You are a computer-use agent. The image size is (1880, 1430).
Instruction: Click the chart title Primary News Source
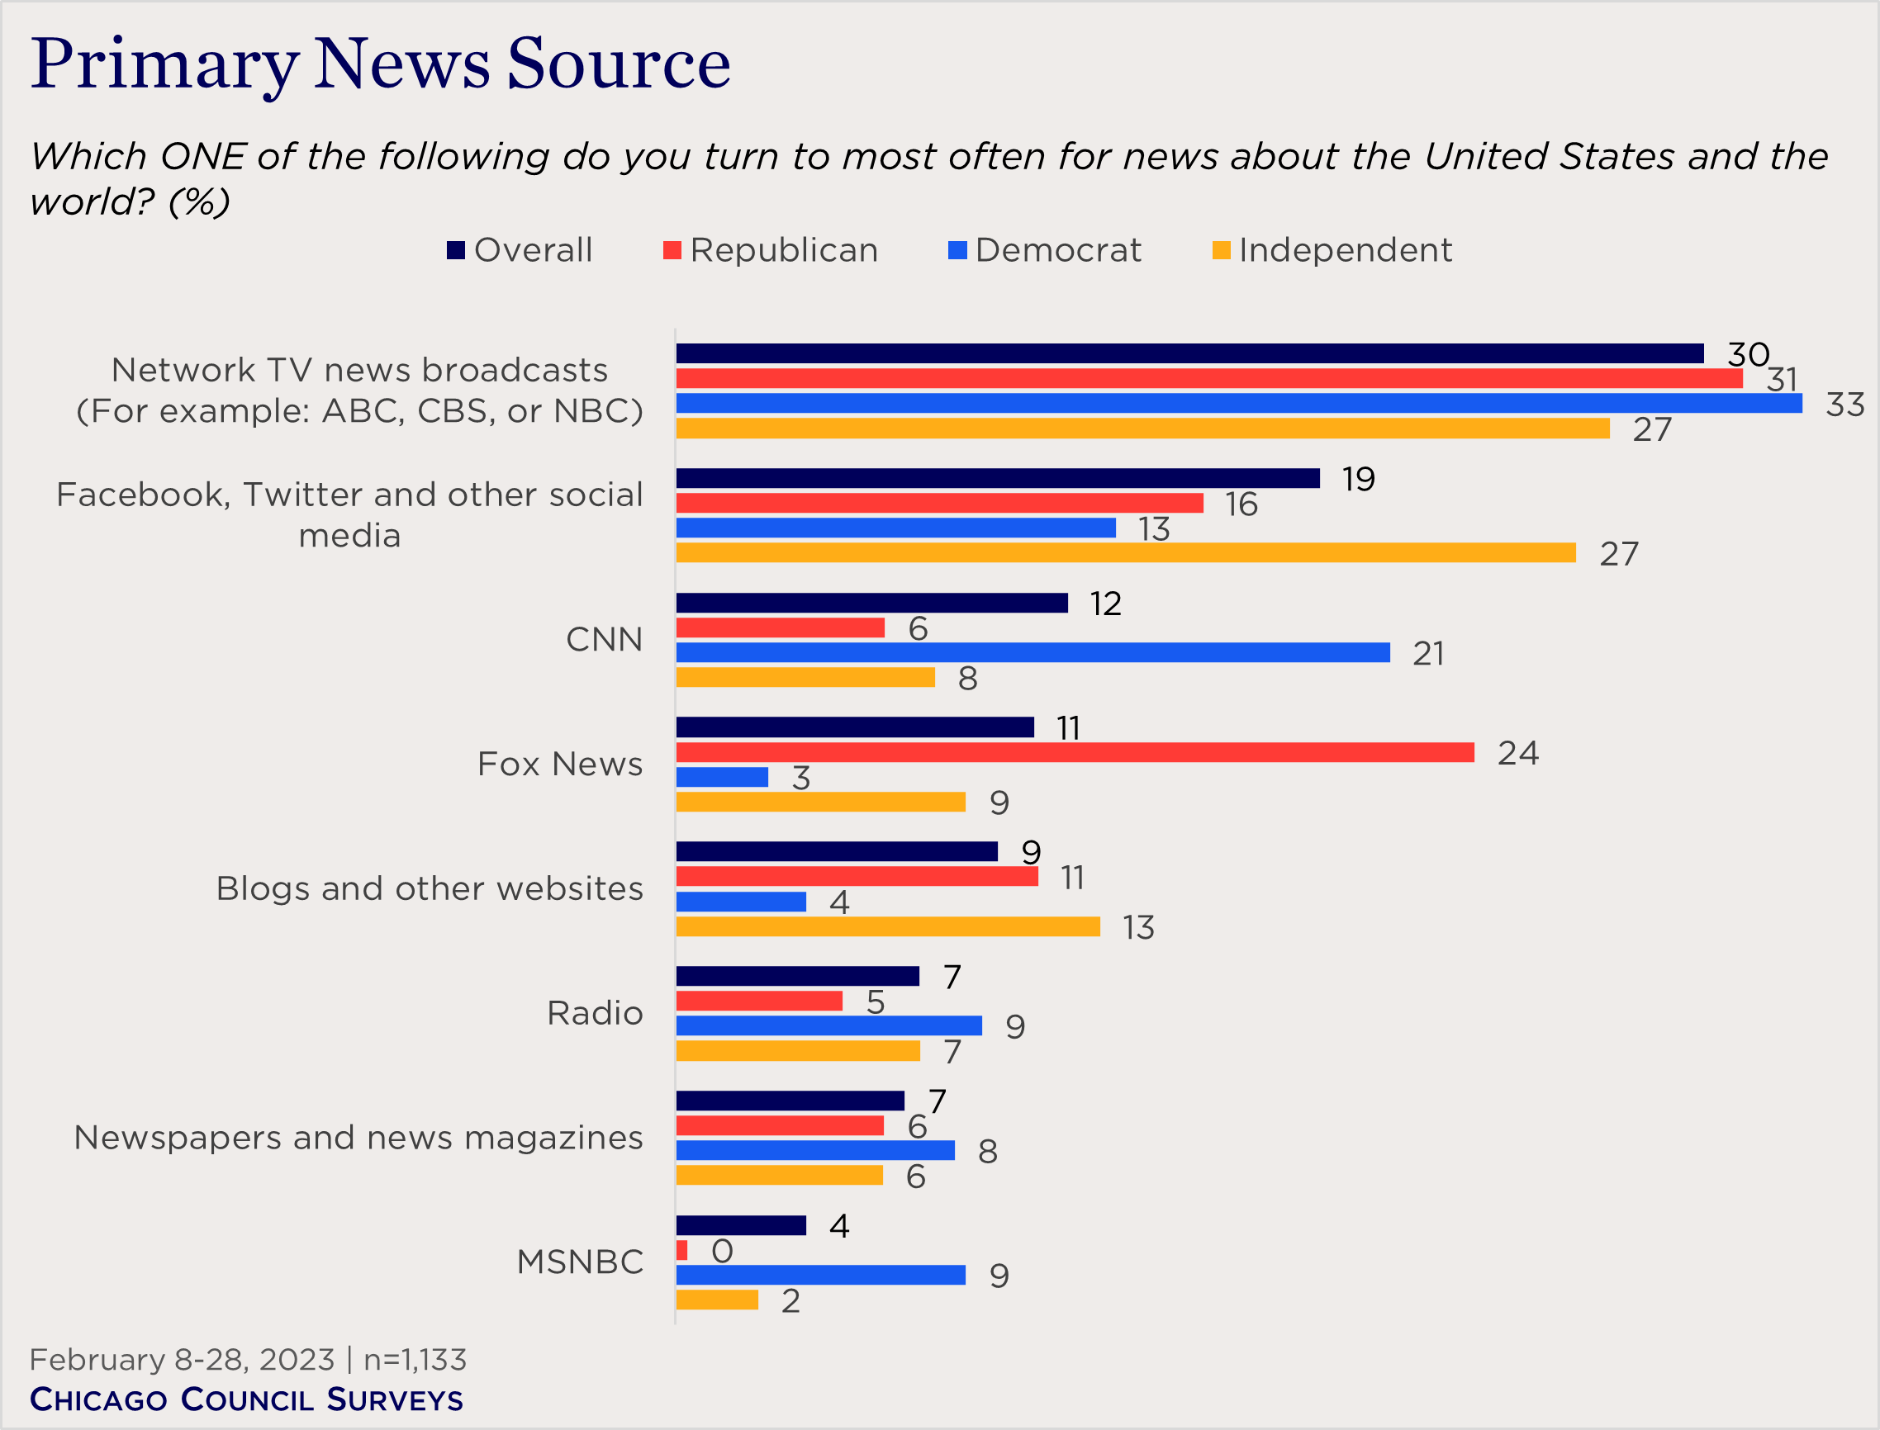click(381, 64)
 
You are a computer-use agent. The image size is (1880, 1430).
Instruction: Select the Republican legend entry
click(771, 250)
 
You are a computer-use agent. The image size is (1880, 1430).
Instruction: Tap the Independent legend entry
click(1332, 250)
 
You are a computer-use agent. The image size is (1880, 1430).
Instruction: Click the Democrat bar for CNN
click(1032, 653)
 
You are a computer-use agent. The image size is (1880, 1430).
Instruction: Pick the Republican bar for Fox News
click(1075, 752)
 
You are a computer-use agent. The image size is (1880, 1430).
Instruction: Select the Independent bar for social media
click(1125, 552)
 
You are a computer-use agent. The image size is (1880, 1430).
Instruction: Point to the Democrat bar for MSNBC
click(820, 1275)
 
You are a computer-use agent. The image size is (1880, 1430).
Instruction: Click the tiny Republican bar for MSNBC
click(681, 1250)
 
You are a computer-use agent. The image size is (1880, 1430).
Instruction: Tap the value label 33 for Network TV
click(1844, 405)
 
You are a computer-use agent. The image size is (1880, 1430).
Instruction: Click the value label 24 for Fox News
click(1517, 753)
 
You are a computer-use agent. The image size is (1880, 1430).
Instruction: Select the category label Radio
click(594, 1014)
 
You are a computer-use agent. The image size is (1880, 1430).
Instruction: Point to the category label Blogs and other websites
click(430, 888)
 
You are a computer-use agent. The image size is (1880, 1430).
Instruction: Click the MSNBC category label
click(580, 1262)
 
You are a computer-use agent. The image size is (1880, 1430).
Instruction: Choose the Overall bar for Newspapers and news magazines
click(790, 1101)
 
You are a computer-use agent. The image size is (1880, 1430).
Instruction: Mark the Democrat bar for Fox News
click(721, 777)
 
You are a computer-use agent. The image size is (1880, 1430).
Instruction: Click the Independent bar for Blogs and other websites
click(887, 927)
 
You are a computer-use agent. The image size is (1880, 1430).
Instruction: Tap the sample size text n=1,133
click(415, 1360)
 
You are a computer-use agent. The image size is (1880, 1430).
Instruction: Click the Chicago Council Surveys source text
click(246, 1400)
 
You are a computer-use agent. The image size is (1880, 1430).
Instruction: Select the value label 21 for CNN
click(1428, 654)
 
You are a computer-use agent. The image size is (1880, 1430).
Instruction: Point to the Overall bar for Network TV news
click(1189, 353)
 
